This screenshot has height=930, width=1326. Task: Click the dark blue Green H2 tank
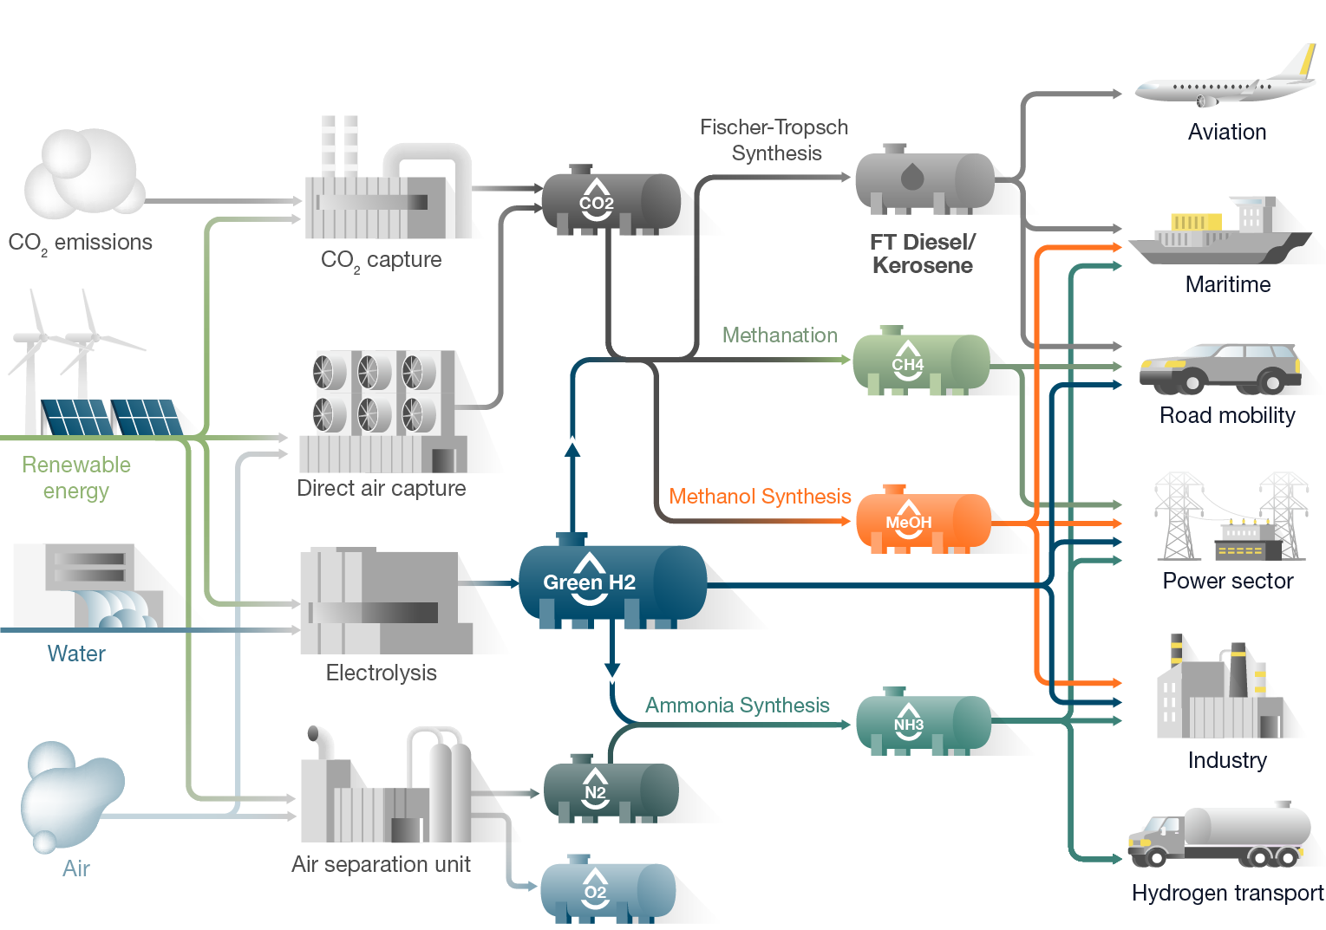point(611,582)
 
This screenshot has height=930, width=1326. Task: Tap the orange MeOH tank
point(923,521)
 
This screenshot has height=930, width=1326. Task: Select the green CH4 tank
point(921,363)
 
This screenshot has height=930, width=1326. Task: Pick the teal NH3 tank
point(923,723)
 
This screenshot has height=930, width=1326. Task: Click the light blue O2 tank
point(608,891)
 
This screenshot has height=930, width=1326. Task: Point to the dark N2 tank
point(611,790)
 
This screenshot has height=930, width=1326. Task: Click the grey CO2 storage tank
point(611,202)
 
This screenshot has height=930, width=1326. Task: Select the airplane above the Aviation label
point(1225,82)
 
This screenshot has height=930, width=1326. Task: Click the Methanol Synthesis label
point(760,497)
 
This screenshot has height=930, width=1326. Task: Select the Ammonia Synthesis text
point(737,706)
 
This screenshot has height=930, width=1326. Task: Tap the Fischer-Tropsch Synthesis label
point(774,140)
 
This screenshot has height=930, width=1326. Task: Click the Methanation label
point(780,335)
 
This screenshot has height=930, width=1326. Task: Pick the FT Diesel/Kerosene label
point(922,254)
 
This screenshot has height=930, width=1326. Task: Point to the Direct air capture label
point(381,489)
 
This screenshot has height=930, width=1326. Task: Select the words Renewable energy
point(76,478)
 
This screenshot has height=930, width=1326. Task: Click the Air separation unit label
point(381,864)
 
